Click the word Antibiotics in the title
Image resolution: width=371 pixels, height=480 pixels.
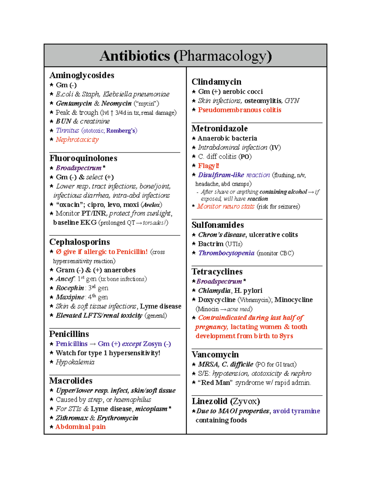point(135,56)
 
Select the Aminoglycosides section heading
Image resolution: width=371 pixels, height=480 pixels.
point(82,75)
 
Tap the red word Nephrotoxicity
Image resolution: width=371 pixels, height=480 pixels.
point(77,139)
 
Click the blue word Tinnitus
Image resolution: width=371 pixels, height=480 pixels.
point(67,130)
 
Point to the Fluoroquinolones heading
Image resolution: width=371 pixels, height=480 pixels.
point(83,158)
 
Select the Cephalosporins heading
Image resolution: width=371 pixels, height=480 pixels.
point(79,242)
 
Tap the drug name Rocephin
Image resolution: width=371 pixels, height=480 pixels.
point(70,288)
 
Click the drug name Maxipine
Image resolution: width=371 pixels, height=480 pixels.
point(70,297)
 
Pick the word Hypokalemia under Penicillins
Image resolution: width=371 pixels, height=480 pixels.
point(75,362)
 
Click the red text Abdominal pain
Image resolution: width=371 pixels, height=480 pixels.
point(80,427)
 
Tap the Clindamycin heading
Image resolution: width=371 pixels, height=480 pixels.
point(216,82)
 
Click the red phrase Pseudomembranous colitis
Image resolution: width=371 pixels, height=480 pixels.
point(240,110)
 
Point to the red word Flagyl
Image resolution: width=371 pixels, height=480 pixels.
point(208,166)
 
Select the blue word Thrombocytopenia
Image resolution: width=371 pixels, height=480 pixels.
point(226,253)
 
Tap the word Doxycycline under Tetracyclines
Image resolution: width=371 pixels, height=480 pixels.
point(216,299)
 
